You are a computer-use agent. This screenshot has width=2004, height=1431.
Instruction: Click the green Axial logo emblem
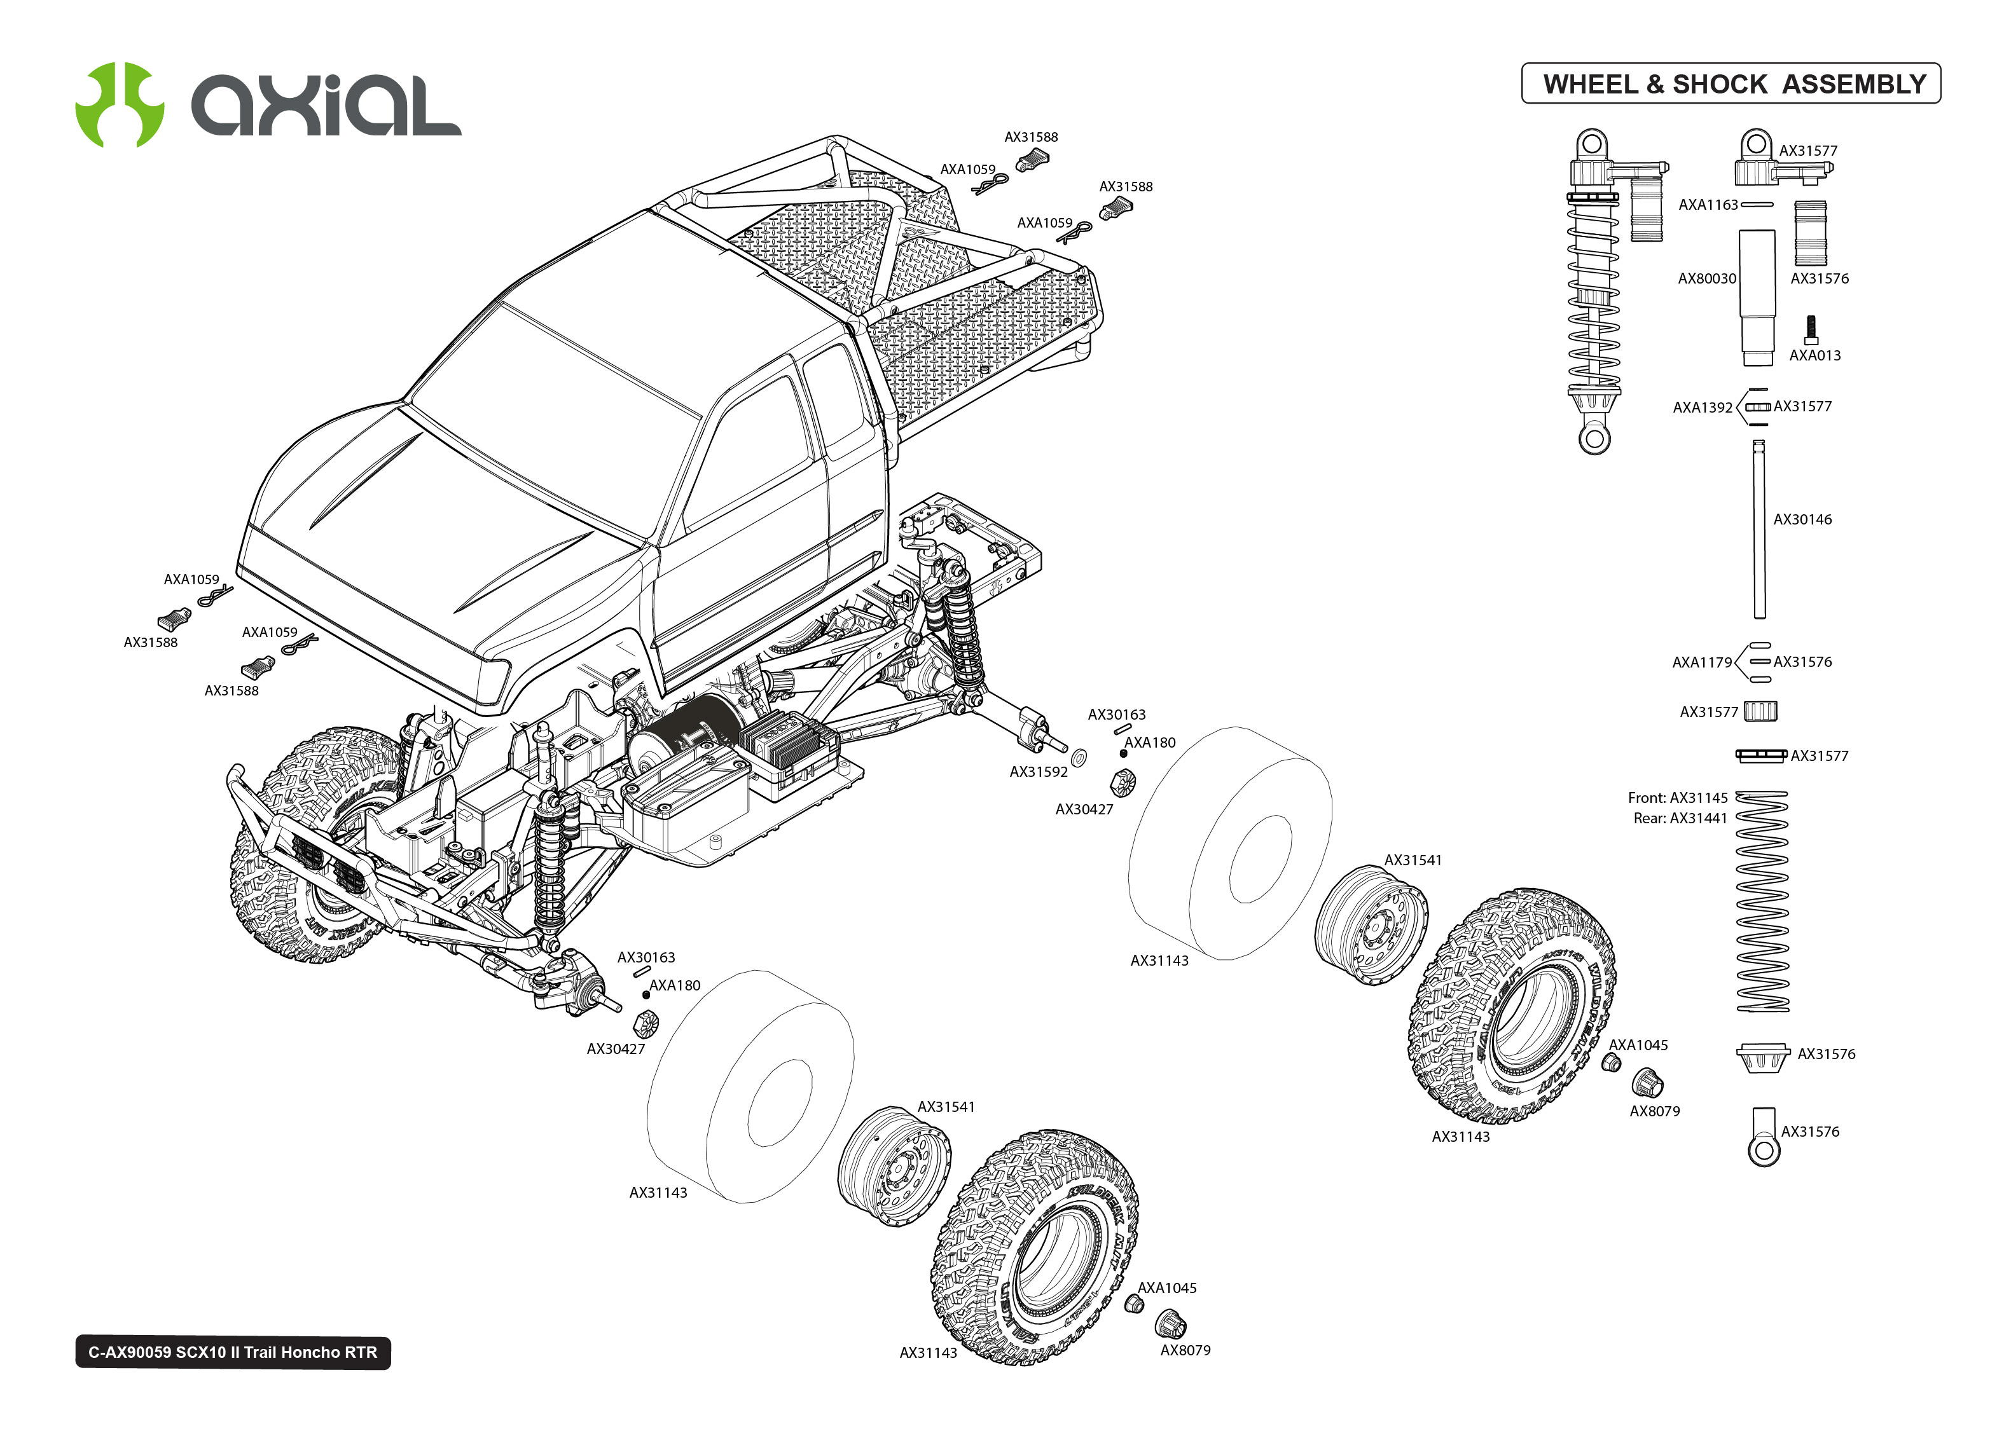120,104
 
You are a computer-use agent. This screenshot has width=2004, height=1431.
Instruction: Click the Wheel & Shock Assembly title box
1731,84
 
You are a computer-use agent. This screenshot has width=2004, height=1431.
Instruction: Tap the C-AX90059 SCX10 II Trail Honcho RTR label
233,1352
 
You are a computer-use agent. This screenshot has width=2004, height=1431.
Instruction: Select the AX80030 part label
1706,278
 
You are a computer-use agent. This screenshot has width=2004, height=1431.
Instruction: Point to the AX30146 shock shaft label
1802,519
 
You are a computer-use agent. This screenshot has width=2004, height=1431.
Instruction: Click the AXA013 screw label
1814,355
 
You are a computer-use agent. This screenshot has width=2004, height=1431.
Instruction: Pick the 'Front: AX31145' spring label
1677,797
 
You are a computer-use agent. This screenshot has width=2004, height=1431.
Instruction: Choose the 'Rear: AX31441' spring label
1680,818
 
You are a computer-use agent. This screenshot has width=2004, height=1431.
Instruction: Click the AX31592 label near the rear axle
1038,772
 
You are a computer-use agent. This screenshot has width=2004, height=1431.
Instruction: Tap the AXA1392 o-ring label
1702,407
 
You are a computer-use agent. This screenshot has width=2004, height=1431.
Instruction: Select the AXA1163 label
1707,205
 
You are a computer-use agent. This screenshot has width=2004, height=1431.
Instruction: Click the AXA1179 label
1702,662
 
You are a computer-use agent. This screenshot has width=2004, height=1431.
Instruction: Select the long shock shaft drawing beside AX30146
1759,529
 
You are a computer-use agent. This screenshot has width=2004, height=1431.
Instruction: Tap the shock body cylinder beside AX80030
1757,295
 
